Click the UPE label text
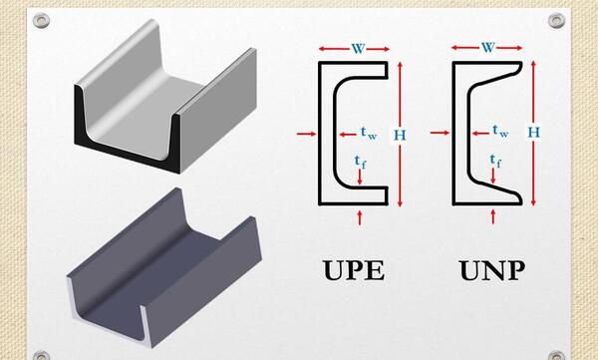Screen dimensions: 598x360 [354, 270]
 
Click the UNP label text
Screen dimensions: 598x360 [491, 270]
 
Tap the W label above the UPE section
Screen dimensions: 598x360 [358, 49]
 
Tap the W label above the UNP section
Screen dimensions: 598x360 [488, 48]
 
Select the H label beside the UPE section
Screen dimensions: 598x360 [400, 136]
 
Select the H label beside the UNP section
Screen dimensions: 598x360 [534, 132]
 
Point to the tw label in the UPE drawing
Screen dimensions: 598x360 [369, 133]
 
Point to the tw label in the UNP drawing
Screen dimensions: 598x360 [500, 131]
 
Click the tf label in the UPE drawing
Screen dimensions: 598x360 [360, 162]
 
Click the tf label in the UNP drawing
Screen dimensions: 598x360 [495, 161]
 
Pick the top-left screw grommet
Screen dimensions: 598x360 [41, 20]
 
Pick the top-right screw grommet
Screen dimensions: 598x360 [556, 20]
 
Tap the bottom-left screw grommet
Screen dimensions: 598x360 [41, 356]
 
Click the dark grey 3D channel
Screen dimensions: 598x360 [164, 267]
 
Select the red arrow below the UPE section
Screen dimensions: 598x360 [359, 216]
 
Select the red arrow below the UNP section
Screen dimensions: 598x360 [493, 216]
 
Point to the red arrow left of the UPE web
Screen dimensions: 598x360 [306, 134]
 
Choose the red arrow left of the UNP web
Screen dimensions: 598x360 [440, 133]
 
